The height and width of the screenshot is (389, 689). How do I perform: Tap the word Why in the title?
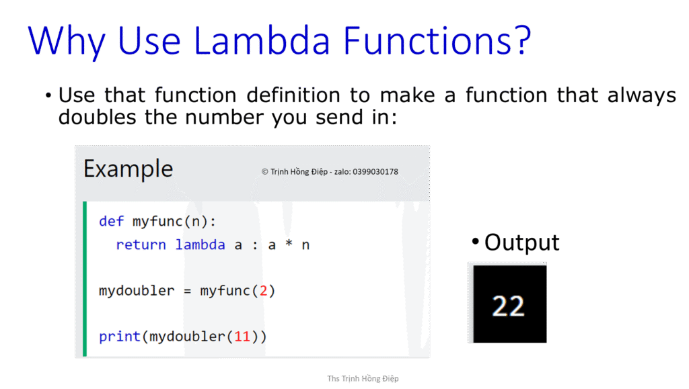(x=67, y=42)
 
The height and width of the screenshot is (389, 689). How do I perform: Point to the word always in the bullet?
(x=642, y=95)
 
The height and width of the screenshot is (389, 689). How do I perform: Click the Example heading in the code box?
(x=128, y=169)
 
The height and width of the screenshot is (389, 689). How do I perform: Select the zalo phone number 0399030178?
(x=375, y=171)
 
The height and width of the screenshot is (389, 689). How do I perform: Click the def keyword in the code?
(x=111, y=221)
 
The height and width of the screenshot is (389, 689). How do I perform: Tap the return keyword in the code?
(x=141, y=245)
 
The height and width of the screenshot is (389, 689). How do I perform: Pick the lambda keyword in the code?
(x=200, y=245)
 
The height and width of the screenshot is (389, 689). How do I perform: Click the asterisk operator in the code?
(x=289, y=245)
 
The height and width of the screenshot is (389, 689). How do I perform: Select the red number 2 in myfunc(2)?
(x=263, y=291)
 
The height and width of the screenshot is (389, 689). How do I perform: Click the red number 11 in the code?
(x=242, y=336)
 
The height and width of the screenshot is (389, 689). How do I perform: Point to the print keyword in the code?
(x=120, y=336)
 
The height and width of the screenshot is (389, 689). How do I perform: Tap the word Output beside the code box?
(x=521, y=243)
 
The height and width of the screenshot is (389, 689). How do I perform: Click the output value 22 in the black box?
(x=508, y=306)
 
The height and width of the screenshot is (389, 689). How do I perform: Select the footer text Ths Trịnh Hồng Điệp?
(x=363, y=378)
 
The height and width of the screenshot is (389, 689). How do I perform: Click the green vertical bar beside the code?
(x=84, y=278)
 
